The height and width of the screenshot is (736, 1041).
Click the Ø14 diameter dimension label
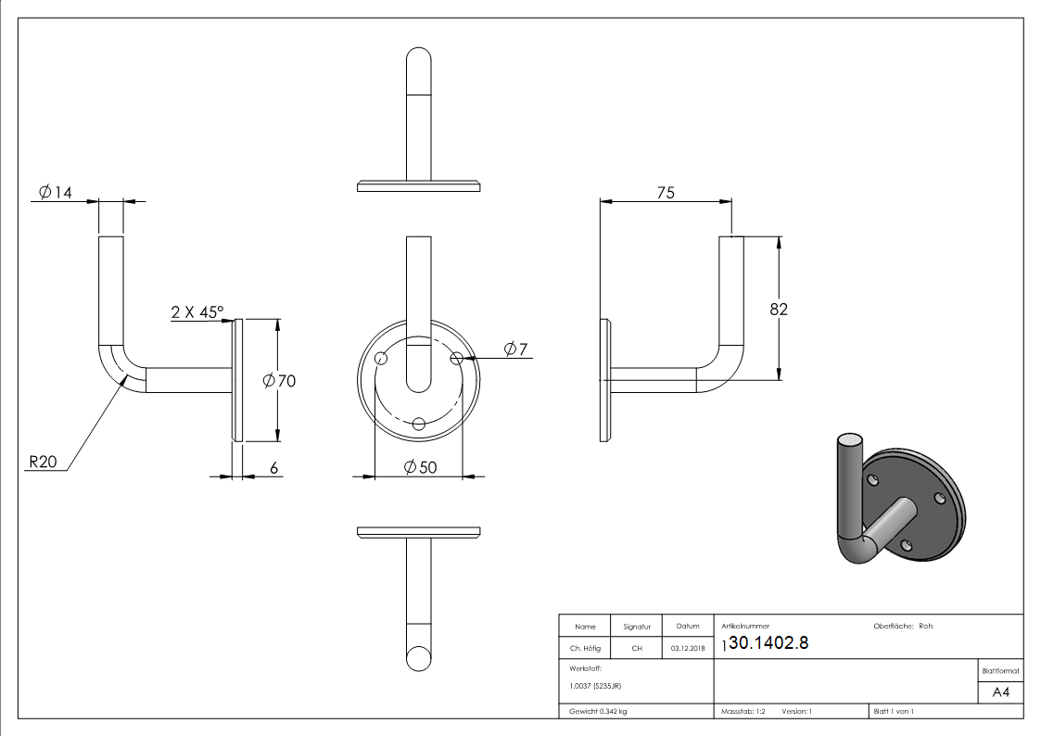click(x=55, y=192)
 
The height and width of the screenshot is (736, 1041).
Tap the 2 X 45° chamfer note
click(x=197, y=312)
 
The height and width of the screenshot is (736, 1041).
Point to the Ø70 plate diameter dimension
click(x=279, y=380)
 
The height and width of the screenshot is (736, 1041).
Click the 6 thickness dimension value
click(x=274, y=468)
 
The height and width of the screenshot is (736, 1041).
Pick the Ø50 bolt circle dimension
click(x=420, y=468)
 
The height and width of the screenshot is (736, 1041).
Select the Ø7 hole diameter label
click(x=515, y=349)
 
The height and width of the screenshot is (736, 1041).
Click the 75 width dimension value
click(x=666, y=192)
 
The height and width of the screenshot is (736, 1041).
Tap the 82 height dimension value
click(x=779, y=310)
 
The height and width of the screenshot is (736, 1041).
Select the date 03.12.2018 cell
click(x=687, y=648)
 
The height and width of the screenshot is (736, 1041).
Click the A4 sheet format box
click(x=1001, y=692)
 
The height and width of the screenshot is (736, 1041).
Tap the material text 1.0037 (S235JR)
click(x=595, y=686)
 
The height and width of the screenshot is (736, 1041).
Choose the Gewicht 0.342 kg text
click(x=599, y=712)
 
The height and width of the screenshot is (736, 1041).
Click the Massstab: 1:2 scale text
click(x=743, y=712)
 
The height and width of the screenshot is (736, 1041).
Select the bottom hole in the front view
click(x=419, y=424)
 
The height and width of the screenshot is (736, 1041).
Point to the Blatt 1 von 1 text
click(x=894, y=712)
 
